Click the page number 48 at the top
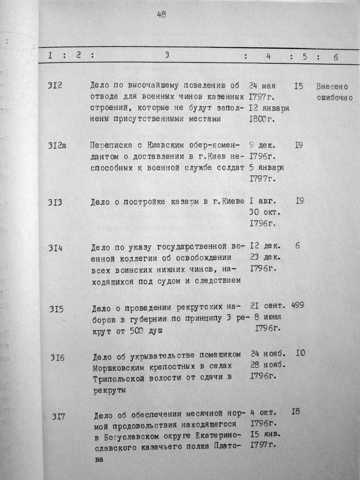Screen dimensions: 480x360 click(162, 15)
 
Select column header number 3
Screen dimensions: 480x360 click(167, 55)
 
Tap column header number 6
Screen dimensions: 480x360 click(336, 57)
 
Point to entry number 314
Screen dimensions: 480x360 click(55, 248)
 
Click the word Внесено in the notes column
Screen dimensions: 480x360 click(332, 87)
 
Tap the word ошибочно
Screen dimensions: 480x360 click(335, 98)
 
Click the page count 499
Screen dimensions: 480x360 click(297, 305)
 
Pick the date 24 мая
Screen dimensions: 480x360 click(262, 85)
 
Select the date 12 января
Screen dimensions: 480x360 click(269, 108)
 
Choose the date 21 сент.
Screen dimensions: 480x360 click(269, 306)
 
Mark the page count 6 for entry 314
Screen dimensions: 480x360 click(297, 246)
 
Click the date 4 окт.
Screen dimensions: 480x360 click(264, 412)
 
